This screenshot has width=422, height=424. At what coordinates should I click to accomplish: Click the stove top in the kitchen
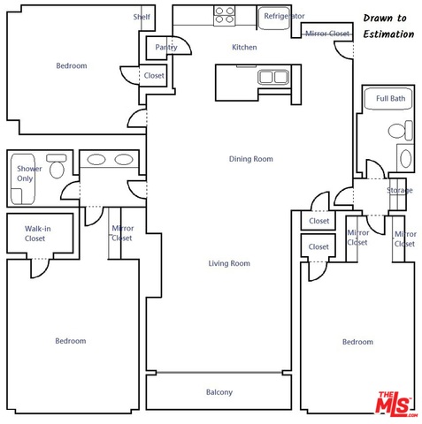pos(225,16)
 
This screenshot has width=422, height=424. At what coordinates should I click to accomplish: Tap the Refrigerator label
pos(284,16)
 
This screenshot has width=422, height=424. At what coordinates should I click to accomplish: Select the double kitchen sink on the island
pos(273,77)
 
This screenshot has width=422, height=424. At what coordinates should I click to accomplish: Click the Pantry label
pos(166,47)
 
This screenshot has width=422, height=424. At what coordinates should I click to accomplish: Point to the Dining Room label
pos(251,159)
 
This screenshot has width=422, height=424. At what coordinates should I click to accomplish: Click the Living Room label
pos(229,263)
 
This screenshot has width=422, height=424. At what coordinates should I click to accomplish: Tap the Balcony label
pos(219,392)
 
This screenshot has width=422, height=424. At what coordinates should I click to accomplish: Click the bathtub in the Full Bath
pos(388,99)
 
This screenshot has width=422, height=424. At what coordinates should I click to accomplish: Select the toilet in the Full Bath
pos(401,130)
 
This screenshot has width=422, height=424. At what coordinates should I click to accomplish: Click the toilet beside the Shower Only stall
pos(57,166)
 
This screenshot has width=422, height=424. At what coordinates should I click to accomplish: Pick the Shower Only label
pos(29,173)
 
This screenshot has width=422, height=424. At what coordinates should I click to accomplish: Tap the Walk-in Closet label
pos(37,233)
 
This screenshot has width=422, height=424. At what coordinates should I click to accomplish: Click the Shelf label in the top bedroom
pos(142,17)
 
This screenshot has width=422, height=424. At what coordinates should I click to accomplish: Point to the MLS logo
pos(395,404)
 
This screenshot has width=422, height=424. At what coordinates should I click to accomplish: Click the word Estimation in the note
pos(388,34)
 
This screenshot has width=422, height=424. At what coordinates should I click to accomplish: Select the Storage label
pos(400,191)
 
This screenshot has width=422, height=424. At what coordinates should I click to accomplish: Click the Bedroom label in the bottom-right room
pos(357,342)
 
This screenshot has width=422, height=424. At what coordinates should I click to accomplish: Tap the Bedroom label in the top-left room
pos(72,65)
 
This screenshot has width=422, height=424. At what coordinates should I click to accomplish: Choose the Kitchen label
pos(244,47)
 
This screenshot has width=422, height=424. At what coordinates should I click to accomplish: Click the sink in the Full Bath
pos(405,158)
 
